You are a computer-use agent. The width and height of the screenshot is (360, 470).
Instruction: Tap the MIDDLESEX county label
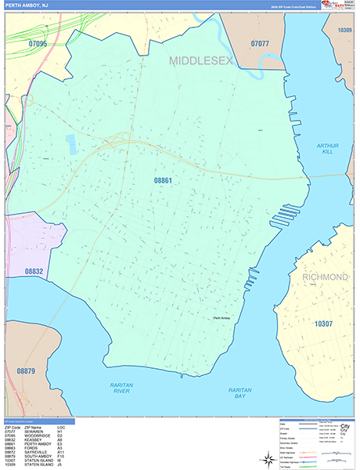pos(201,60)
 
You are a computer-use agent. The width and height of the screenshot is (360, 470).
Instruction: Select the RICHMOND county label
pos(320,277)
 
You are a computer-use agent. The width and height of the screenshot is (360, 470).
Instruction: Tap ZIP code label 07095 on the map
pos(35,44)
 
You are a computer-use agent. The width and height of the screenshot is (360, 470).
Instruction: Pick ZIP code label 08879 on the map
pos(26,371)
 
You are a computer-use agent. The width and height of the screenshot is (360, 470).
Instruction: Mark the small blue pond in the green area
pos(71,143)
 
